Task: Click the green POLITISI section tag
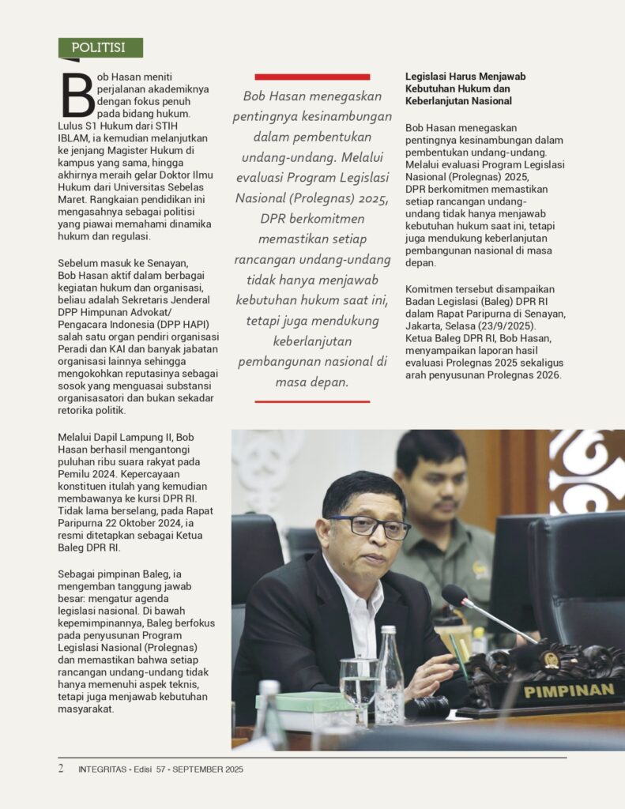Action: [x=100, y=47]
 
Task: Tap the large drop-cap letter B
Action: [x=77, y=96]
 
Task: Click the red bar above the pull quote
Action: [x=312, y=77]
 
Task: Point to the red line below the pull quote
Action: [x=312, y=401]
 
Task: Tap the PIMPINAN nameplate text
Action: [x=569, y=690]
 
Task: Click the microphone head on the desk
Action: [x=454, y=596]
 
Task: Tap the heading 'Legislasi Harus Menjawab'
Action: [x=465, y=77]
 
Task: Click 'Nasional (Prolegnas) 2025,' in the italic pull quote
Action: [x=312, y=198]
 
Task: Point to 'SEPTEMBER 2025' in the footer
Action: [x=209, y=769]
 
